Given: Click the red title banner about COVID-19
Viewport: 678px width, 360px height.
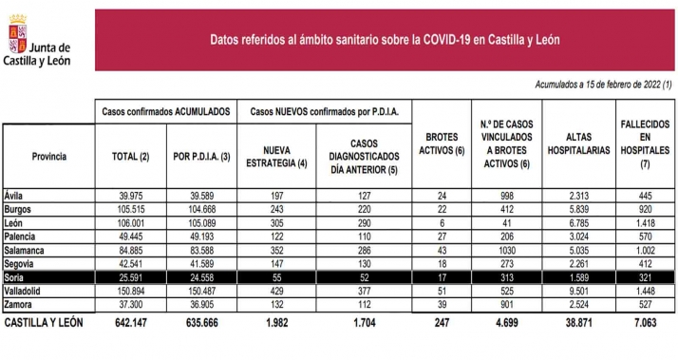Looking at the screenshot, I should coord(385,39).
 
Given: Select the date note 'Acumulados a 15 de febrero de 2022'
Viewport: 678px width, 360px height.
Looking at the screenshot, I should coord(603,85).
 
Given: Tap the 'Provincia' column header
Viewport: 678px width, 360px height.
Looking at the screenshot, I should coord(48,156).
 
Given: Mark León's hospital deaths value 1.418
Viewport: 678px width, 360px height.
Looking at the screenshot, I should coord(643,222).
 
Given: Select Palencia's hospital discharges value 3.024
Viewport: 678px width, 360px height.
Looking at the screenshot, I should coord(577,236).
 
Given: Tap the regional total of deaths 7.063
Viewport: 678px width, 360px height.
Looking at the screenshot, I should coord(643,324).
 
